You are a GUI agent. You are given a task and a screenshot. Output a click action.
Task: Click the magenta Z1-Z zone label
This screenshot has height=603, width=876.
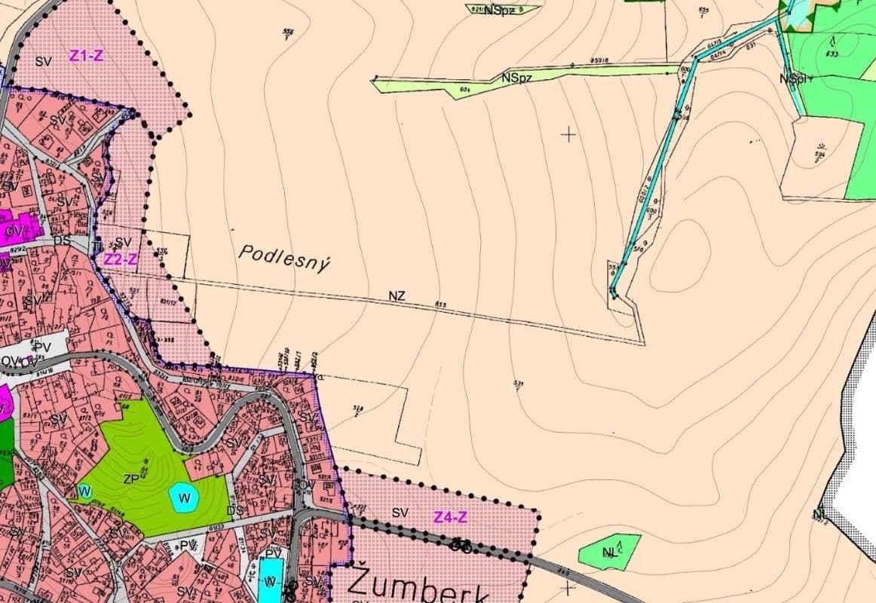coord(87,55)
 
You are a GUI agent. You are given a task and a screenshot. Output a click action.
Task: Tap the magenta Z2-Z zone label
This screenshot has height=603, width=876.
coord(120,259)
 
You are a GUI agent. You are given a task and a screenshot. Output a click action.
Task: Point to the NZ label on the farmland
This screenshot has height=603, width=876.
coord(397,296)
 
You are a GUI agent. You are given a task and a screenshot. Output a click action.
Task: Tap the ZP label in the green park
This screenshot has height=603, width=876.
coord(132,479)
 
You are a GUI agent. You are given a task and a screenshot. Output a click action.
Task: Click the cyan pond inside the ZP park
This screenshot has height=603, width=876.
coord(183,497)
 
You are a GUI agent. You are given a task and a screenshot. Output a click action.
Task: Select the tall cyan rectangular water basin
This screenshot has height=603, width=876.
coord(269,578)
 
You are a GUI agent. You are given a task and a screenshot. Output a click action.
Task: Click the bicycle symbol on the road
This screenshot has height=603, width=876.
coord(461,544)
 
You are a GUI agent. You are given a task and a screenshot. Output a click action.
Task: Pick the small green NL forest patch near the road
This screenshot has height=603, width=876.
coord(610,551)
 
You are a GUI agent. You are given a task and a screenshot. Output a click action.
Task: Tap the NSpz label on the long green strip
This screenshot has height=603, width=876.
coord(515,77)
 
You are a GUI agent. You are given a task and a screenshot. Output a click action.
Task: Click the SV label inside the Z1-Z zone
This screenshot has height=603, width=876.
coord(43,61)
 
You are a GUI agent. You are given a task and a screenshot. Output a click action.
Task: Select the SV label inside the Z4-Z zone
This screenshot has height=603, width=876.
coord(400,513)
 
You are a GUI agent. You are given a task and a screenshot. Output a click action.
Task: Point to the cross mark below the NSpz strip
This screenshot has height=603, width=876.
coord(568,134)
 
